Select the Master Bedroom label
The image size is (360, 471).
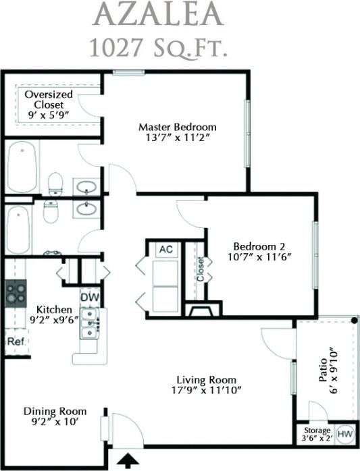point(178,127)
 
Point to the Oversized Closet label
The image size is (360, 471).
point(44,100)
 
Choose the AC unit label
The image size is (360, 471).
point(165,249)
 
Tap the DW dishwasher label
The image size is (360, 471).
point(89,297)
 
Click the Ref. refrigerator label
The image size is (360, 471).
point(16,341)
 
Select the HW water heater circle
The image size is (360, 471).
point(344,433)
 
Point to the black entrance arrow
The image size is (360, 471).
point(127,460)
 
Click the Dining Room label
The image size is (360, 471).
point(55,411)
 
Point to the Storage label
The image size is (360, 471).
point(317,430)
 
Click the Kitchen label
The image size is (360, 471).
point(54,308)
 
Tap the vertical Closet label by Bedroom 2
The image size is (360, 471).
point(201,269)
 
